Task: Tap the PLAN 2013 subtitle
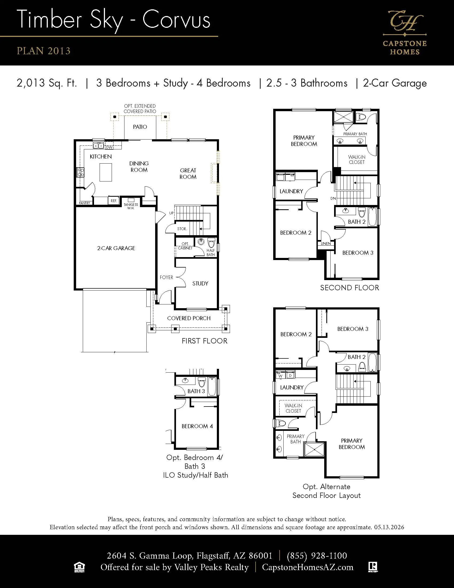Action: tap(44, 51)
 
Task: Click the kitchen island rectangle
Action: tap(105, 172)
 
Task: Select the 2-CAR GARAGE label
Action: tap(116, 248)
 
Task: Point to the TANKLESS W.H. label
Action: tap(131, 206)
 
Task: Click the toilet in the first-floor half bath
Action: tap(212, 243)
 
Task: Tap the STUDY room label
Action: tap(200, 284)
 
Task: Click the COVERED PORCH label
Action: tap(189, 318)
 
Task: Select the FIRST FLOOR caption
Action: tap(204, 341)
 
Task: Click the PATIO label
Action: tap(140, 127)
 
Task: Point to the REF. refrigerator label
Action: tap(114, 201)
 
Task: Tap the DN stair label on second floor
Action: tap(333, 198)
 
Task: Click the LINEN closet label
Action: tap(326, 244)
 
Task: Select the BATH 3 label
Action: tap(196, 391)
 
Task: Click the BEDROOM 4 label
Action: tap(197, 426)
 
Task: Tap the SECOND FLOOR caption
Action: tap(349, 288)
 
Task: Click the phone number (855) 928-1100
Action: tap(317, 556)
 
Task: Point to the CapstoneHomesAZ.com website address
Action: tap(308, 567)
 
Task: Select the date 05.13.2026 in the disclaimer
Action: tap(389, 527)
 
